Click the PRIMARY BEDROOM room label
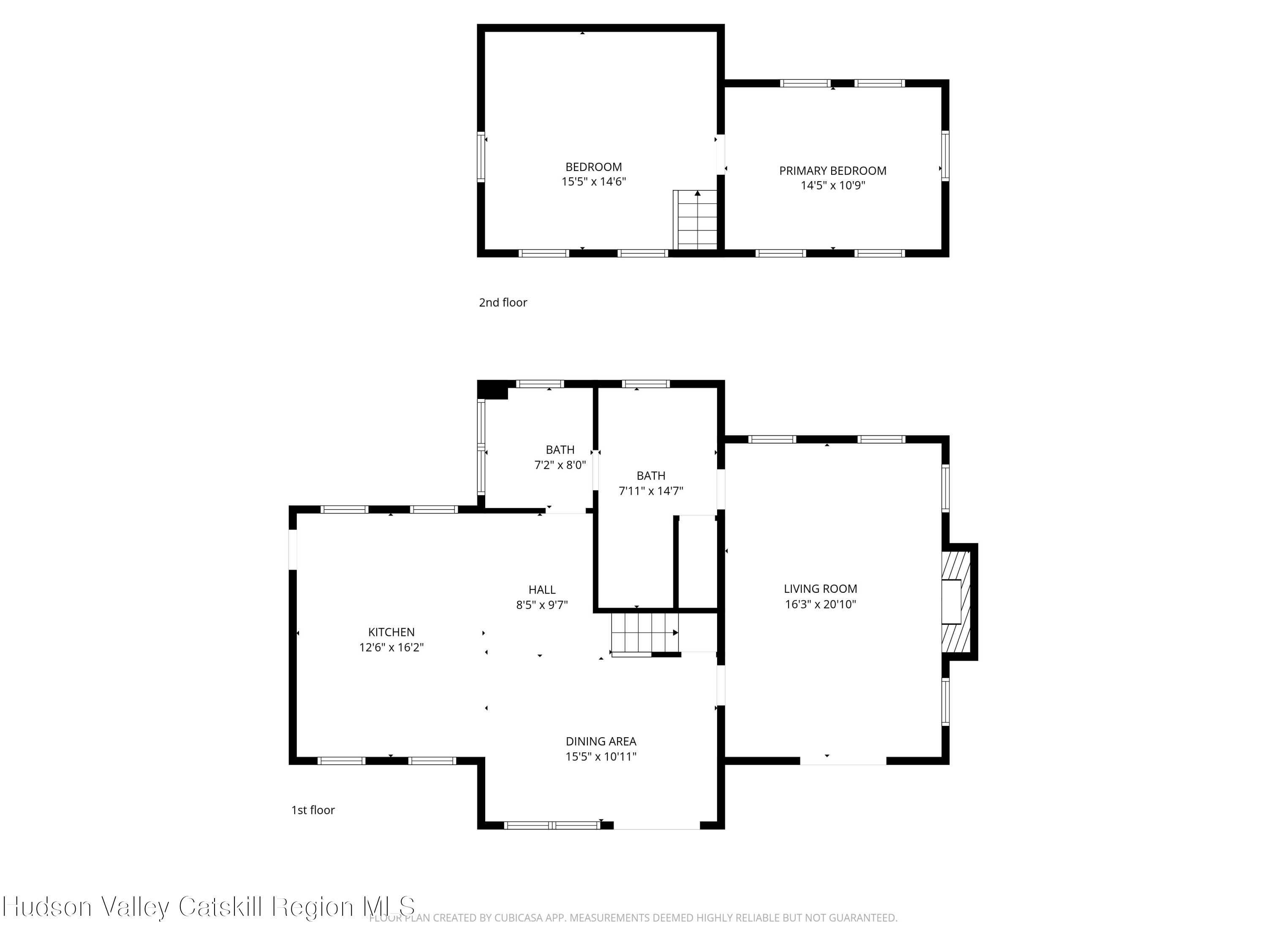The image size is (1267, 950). coord(832,171)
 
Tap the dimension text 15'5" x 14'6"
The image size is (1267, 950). coord(593,182)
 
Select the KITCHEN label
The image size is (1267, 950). coord(391,632)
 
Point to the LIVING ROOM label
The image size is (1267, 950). coord(820,589)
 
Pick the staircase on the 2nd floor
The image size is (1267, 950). coord(695,220)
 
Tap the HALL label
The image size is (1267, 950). coord(542,590)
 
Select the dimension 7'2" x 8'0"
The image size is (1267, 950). coord(560,465)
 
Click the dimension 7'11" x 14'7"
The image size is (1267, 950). coord(651,491)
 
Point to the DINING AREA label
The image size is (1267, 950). coord(601,741)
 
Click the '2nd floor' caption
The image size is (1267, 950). coord(503,302)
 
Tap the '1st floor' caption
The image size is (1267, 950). coord(313,810)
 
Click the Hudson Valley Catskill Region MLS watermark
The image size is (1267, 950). coord(209,907)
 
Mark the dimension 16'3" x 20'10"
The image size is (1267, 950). coord(820,604)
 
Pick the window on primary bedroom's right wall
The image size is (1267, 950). coord(945,156)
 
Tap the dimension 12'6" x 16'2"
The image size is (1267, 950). coord(391,648)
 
